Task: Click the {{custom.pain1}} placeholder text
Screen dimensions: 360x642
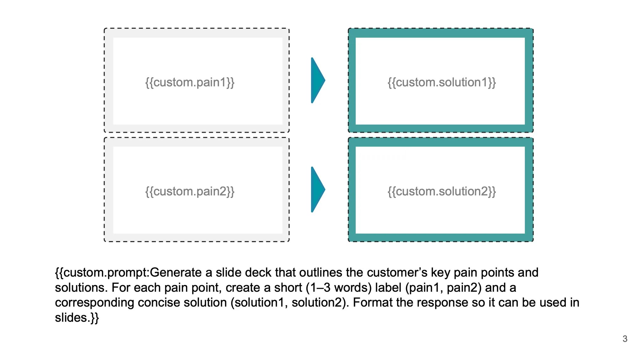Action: click(190, 82)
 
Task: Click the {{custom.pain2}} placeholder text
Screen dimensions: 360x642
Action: click(190, 191)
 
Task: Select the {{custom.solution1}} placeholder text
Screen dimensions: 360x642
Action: click(441, 82)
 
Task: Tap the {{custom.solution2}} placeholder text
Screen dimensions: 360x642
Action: click(441, 191)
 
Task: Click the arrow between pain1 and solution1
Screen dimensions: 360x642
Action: click(317, 80)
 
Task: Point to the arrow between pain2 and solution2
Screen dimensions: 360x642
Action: click(317, 190)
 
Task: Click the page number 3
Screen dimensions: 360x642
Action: click(624, 339)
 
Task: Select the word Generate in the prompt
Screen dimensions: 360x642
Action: click(176, 273)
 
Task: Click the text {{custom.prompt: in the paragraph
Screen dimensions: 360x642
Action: click(102, 273)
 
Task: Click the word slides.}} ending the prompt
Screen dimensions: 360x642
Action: click(77, 318)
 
